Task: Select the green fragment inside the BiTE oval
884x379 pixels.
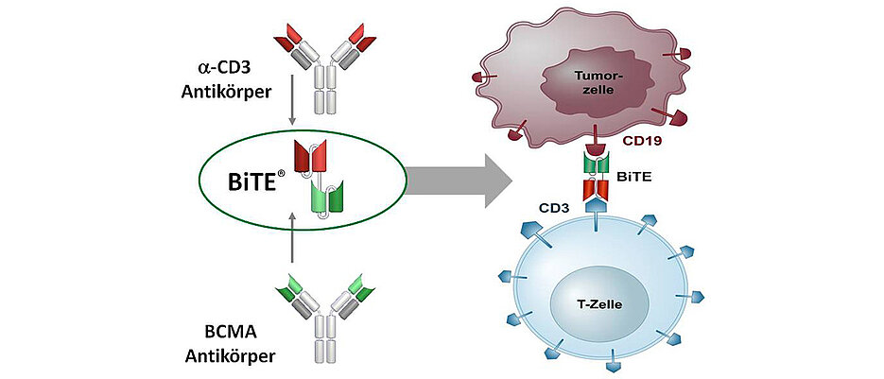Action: [326, 199]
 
